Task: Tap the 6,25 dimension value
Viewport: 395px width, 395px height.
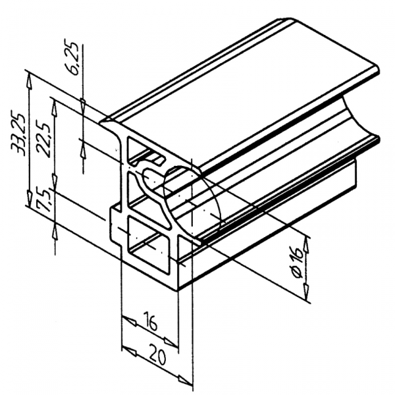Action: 77,59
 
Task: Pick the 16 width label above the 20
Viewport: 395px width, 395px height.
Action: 150,323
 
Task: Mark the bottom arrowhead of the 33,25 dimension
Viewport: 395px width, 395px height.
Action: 29,200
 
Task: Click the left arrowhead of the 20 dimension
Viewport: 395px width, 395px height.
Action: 128,352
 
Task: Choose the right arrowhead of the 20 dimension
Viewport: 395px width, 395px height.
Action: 189,378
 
